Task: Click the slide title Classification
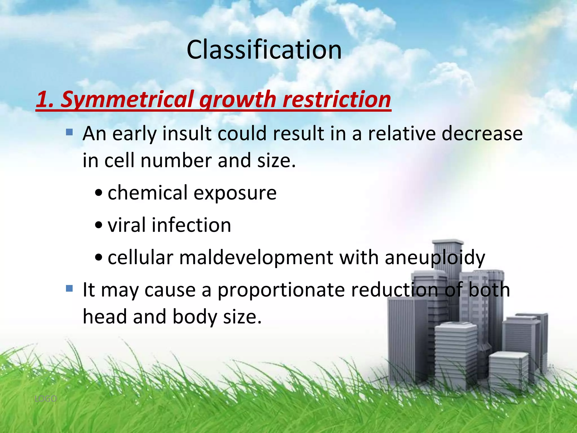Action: coord(264,50)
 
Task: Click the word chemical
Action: coord(148,193)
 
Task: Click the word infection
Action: coord(191,225)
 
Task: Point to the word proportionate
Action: coord(281,290)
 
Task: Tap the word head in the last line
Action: coord(105,317)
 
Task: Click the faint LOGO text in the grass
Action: coord(45,399)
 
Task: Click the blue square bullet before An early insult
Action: coord(69,132)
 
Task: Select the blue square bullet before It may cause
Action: coord(69,288)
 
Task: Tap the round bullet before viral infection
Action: coord(99,226)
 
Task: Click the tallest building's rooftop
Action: coord(447,242)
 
